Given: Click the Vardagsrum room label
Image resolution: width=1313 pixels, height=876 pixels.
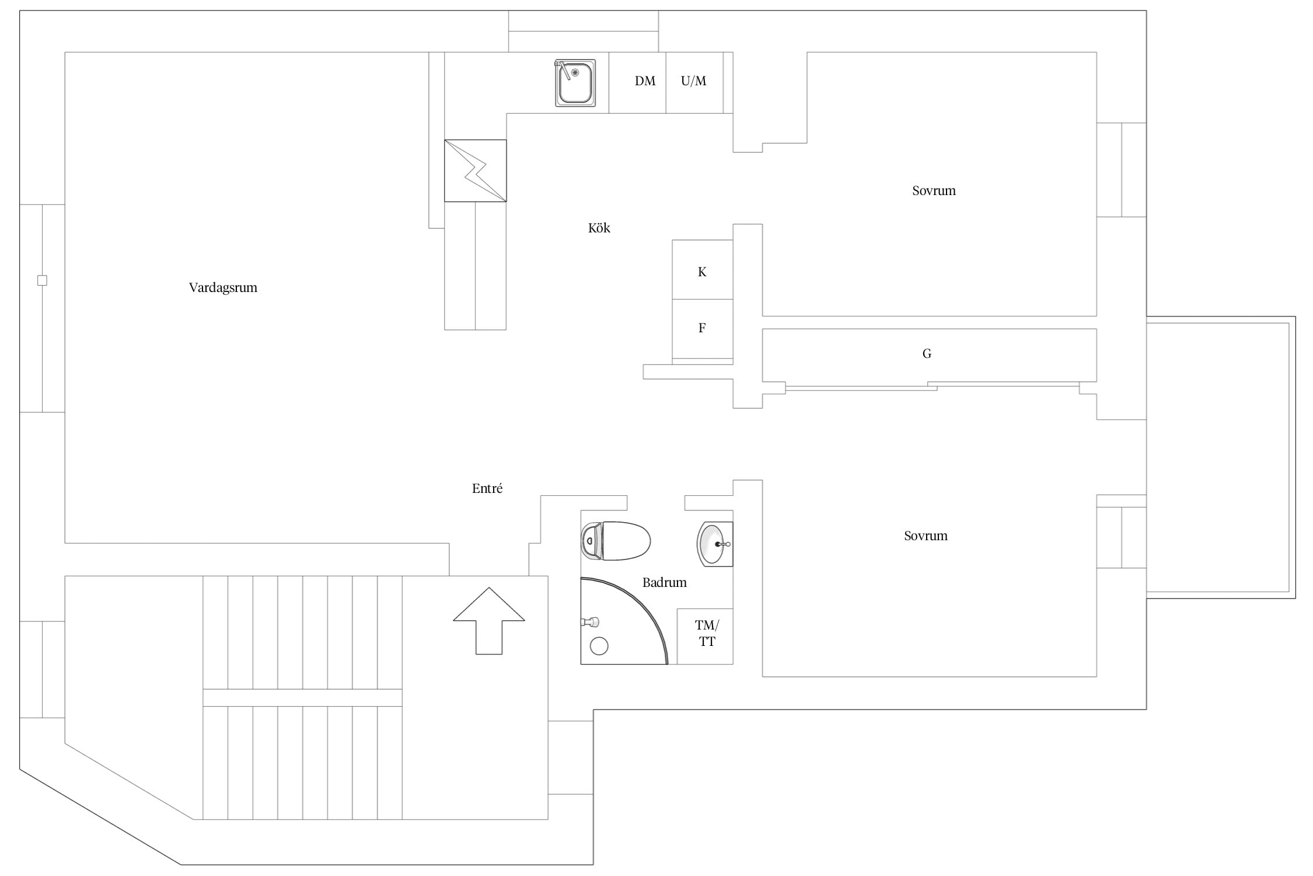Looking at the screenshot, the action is click(223, 288).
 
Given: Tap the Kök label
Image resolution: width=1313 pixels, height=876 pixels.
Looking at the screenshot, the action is click(599, 228).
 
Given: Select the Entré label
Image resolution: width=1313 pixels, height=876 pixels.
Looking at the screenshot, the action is click(487, 488).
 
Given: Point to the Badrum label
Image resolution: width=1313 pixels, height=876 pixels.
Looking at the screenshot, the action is click(664, 582).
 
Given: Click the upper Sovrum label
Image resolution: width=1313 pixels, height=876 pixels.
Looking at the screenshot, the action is click(934, 190).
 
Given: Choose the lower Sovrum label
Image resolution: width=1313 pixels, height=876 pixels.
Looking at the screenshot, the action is click(926, 536).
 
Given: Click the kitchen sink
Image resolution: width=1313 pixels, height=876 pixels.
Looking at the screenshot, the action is click(575, 83).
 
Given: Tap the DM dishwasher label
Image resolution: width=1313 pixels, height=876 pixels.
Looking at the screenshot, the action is click(645, 81).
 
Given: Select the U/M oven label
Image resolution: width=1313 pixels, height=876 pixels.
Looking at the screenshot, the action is click(693, 81).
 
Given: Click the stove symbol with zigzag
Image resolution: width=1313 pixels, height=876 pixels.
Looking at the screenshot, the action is click(476, 171).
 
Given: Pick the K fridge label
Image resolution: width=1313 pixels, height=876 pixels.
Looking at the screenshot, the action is click(702, 272).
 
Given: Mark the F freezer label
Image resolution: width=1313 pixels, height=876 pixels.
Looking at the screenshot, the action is click(702, 328).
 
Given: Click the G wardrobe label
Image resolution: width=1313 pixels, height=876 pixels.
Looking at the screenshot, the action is click(927, 353).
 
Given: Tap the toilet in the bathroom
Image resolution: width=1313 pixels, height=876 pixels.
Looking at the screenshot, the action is click(616, 541).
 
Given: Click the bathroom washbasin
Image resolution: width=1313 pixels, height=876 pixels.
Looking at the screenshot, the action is click(715, 544).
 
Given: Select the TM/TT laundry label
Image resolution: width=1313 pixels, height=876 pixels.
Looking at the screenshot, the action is click(707, 634).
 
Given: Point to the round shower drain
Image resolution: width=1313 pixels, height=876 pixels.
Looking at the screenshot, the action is click(599, 646).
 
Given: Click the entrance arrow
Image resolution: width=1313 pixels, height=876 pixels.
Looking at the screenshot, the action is click(489, 621).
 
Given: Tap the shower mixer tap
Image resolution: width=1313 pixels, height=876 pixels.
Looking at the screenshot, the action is click(590, 622).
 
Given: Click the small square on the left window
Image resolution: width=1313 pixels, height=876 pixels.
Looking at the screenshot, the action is click(42, 280).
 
